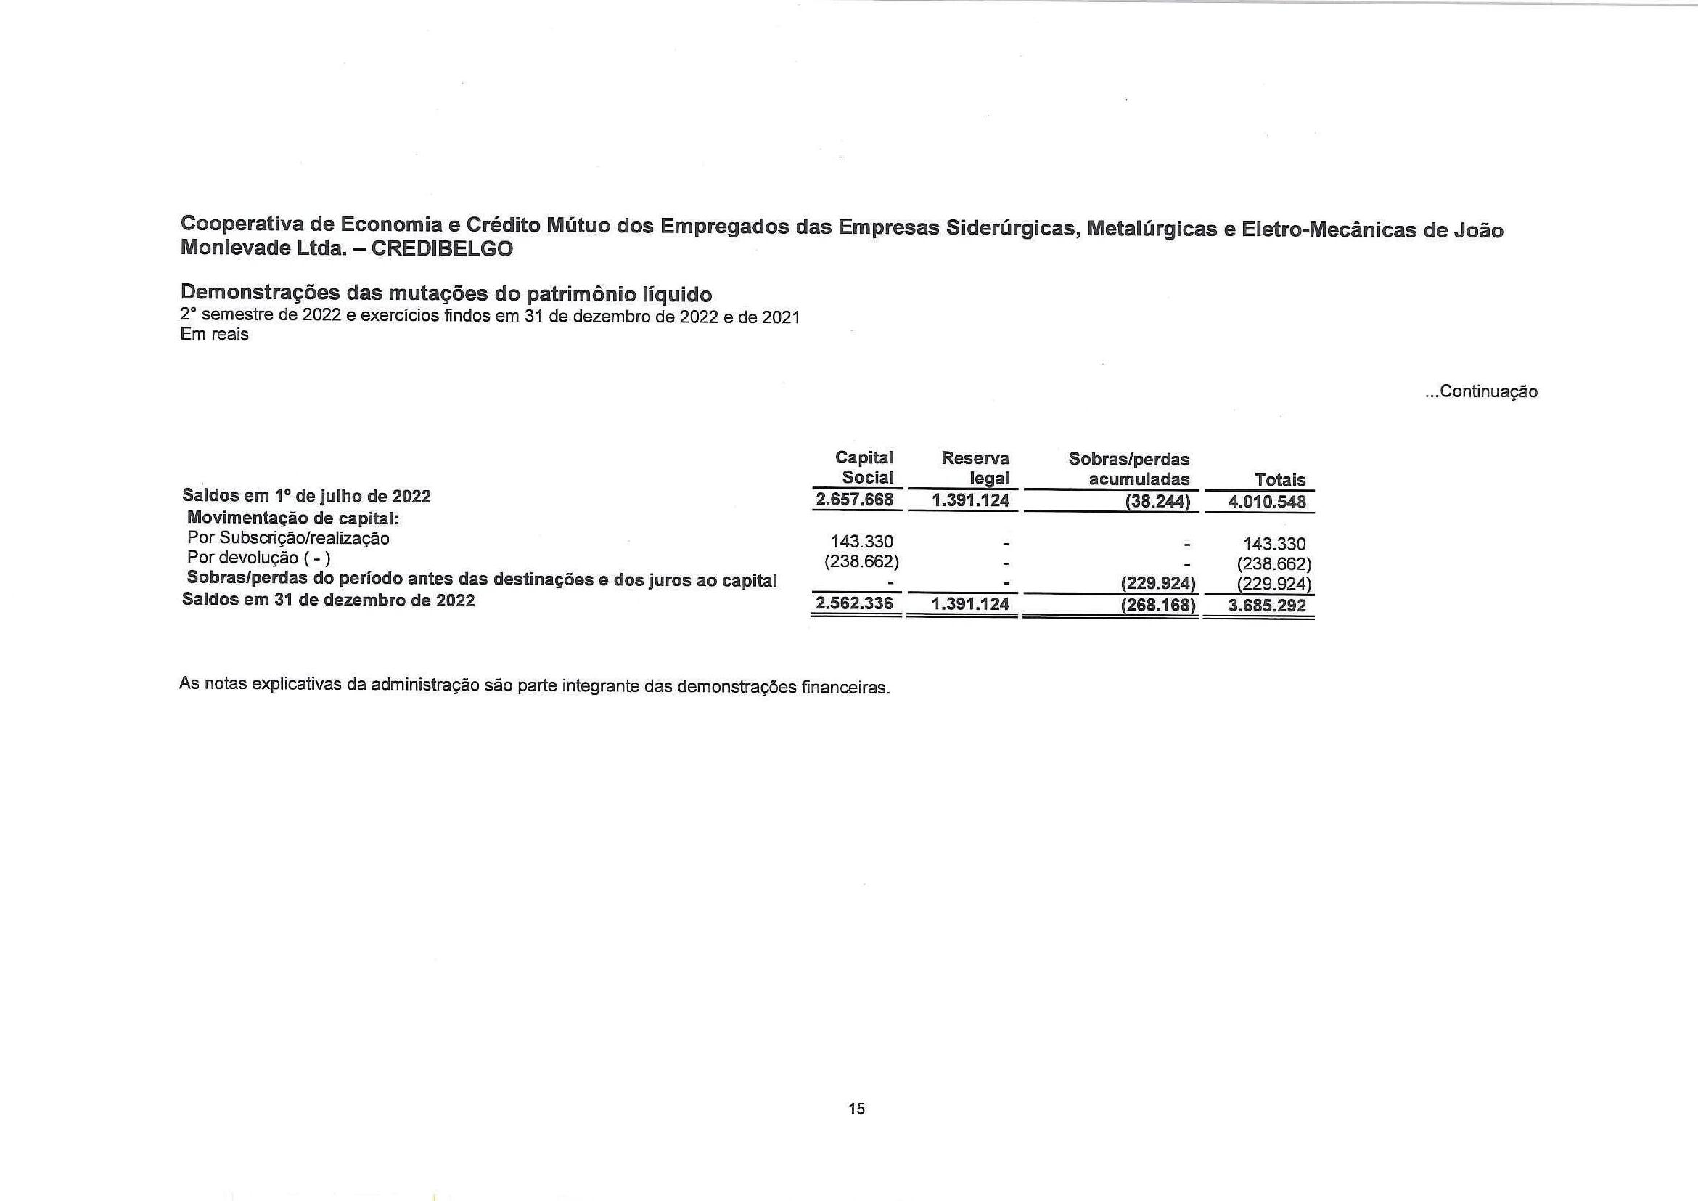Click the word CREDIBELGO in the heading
click(441, 248)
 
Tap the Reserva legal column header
click(975, 468)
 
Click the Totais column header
click(1280, 479)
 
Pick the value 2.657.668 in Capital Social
click(854, 500)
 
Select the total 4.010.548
click(1267, 502)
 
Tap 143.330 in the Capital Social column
click(861, 542)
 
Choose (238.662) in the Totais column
click(1274, 564)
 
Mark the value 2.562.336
click(854, 604)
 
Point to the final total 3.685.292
click(1267, 606)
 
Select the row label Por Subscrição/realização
click(288, 538)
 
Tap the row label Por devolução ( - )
click(259, 558)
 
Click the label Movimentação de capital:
click(293, 517)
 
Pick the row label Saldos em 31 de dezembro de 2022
click(329, 600)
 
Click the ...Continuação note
click(1481, 391)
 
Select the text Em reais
click(215, 335)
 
